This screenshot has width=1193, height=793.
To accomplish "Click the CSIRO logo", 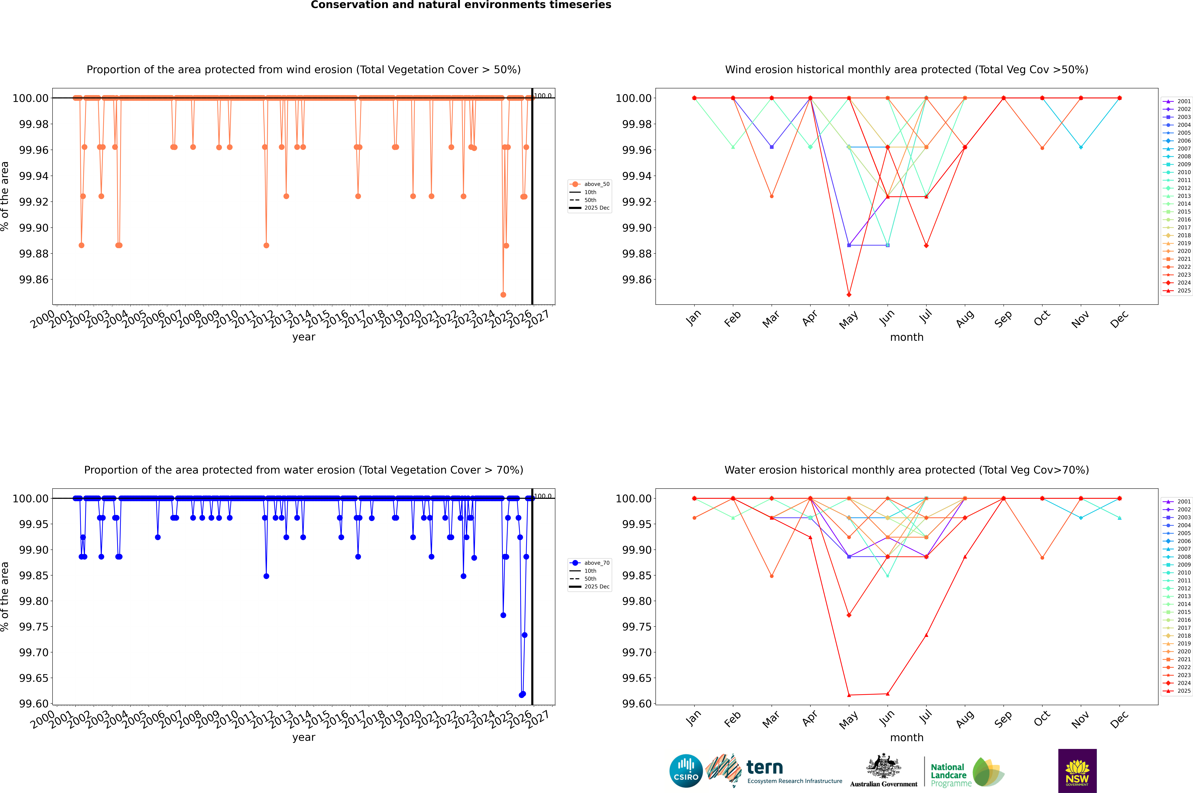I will tap(686, 771).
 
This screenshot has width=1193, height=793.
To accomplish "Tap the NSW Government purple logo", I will tap(1077, 771).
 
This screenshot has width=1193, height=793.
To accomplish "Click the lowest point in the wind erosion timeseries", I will tap(503, 294).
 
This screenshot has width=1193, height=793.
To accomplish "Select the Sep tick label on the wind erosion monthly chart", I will tap(1003, 319).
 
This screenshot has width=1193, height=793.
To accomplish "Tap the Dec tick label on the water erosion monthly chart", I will tap(1119, 719).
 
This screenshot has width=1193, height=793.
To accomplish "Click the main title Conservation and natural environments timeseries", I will tap(461, 5).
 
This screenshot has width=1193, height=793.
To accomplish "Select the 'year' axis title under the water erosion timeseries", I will tap(303, 737).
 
